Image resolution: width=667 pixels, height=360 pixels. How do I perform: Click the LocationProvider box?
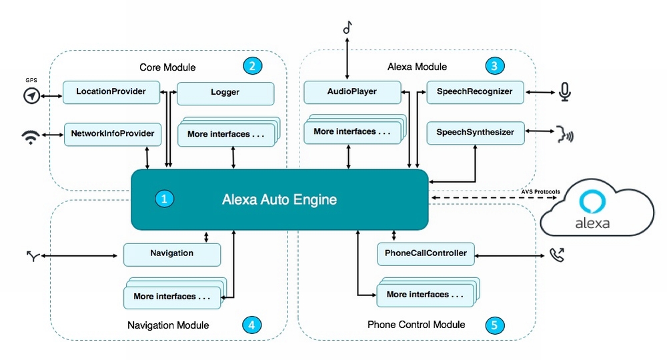[111, 92]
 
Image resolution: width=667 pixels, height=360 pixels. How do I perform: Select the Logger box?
[225, 93]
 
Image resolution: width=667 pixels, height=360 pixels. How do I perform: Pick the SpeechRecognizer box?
[475, 92]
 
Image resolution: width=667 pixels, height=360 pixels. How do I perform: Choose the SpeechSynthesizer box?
[475, 133]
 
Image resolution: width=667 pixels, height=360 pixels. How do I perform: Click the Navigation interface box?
[171, 254]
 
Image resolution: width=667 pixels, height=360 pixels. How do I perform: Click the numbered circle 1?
[164, 198]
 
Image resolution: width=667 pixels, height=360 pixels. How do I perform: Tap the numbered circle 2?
[252, 65]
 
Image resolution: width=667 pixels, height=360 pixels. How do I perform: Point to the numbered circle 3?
[494, 65]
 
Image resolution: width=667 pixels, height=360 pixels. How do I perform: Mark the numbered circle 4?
[252, 325]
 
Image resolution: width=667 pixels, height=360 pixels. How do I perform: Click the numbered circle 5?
[494, 325]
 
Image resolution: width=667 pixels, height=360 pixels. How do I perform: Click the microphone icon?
[565, 92]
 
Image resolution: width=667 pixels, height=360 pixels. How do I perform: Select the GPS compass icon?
[31, 96]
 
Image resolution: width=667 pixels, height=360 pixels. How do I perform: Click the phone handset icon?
[556, 254]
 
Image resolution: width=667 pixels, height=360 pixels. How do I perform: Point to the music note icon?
[346, 27]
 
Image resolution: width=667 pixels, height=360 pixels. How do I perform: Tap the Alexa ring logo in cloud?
[593, 202]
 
